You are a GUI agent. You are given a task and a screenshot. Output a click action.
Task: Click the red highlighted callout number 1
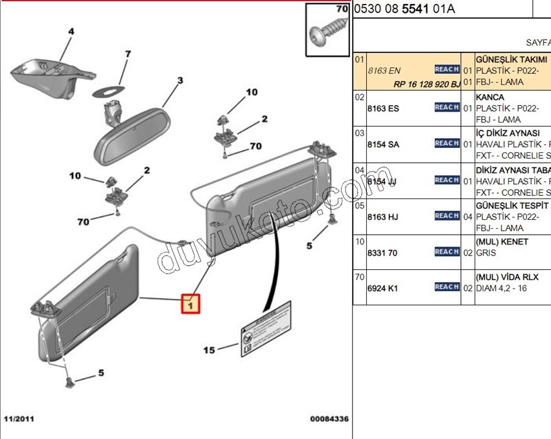click(x=191, y=303)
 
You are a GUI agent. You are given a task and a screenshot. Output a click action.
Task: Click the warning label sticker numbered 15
click(x=265, y=329)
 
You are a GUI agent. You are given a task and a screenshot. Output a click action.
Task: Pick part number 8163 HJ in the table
click(x=383, y=217)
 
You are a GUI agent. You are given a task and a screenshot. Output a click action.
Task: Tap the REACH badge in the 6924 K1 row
click(x=447, y=287)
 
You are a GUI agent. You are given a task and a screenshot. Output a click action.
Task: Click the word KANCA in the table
click(x=490, y=97)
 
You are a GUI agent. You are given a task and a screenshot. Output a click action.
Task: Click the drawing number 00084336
click(x=329, y=420)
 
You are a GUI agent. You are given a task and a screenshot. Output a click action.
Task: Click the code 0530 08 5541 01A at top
click(x=404, y=8)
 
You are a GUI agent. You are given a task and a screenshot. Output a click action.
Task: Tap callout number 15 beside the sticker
click(x=209, y=350)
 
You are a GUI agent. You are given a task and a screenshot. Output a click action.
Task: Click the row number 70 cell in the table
click(x=360, y=277)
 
